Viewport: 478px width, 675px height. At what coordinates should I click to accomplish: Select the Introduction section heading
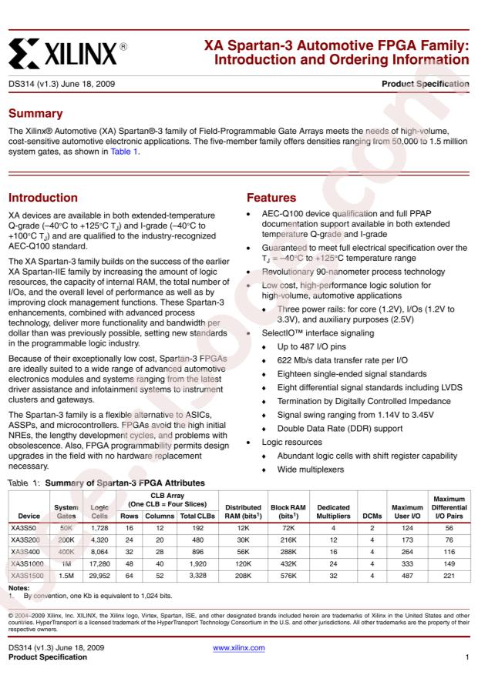tap(49, 198)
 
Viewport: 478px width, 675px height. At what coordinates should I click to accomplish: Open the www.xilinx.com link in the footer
tap(239, 648)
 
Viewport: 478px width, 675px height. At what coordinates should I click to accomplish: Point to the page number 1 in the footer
tap(467, 658)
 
